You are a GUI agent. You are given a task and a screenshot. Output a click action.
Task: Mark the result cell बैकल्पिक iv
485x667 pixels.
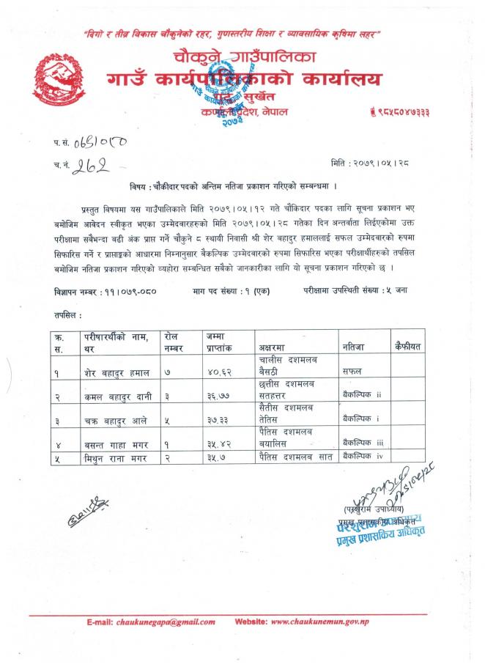(x=363, y=457)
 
